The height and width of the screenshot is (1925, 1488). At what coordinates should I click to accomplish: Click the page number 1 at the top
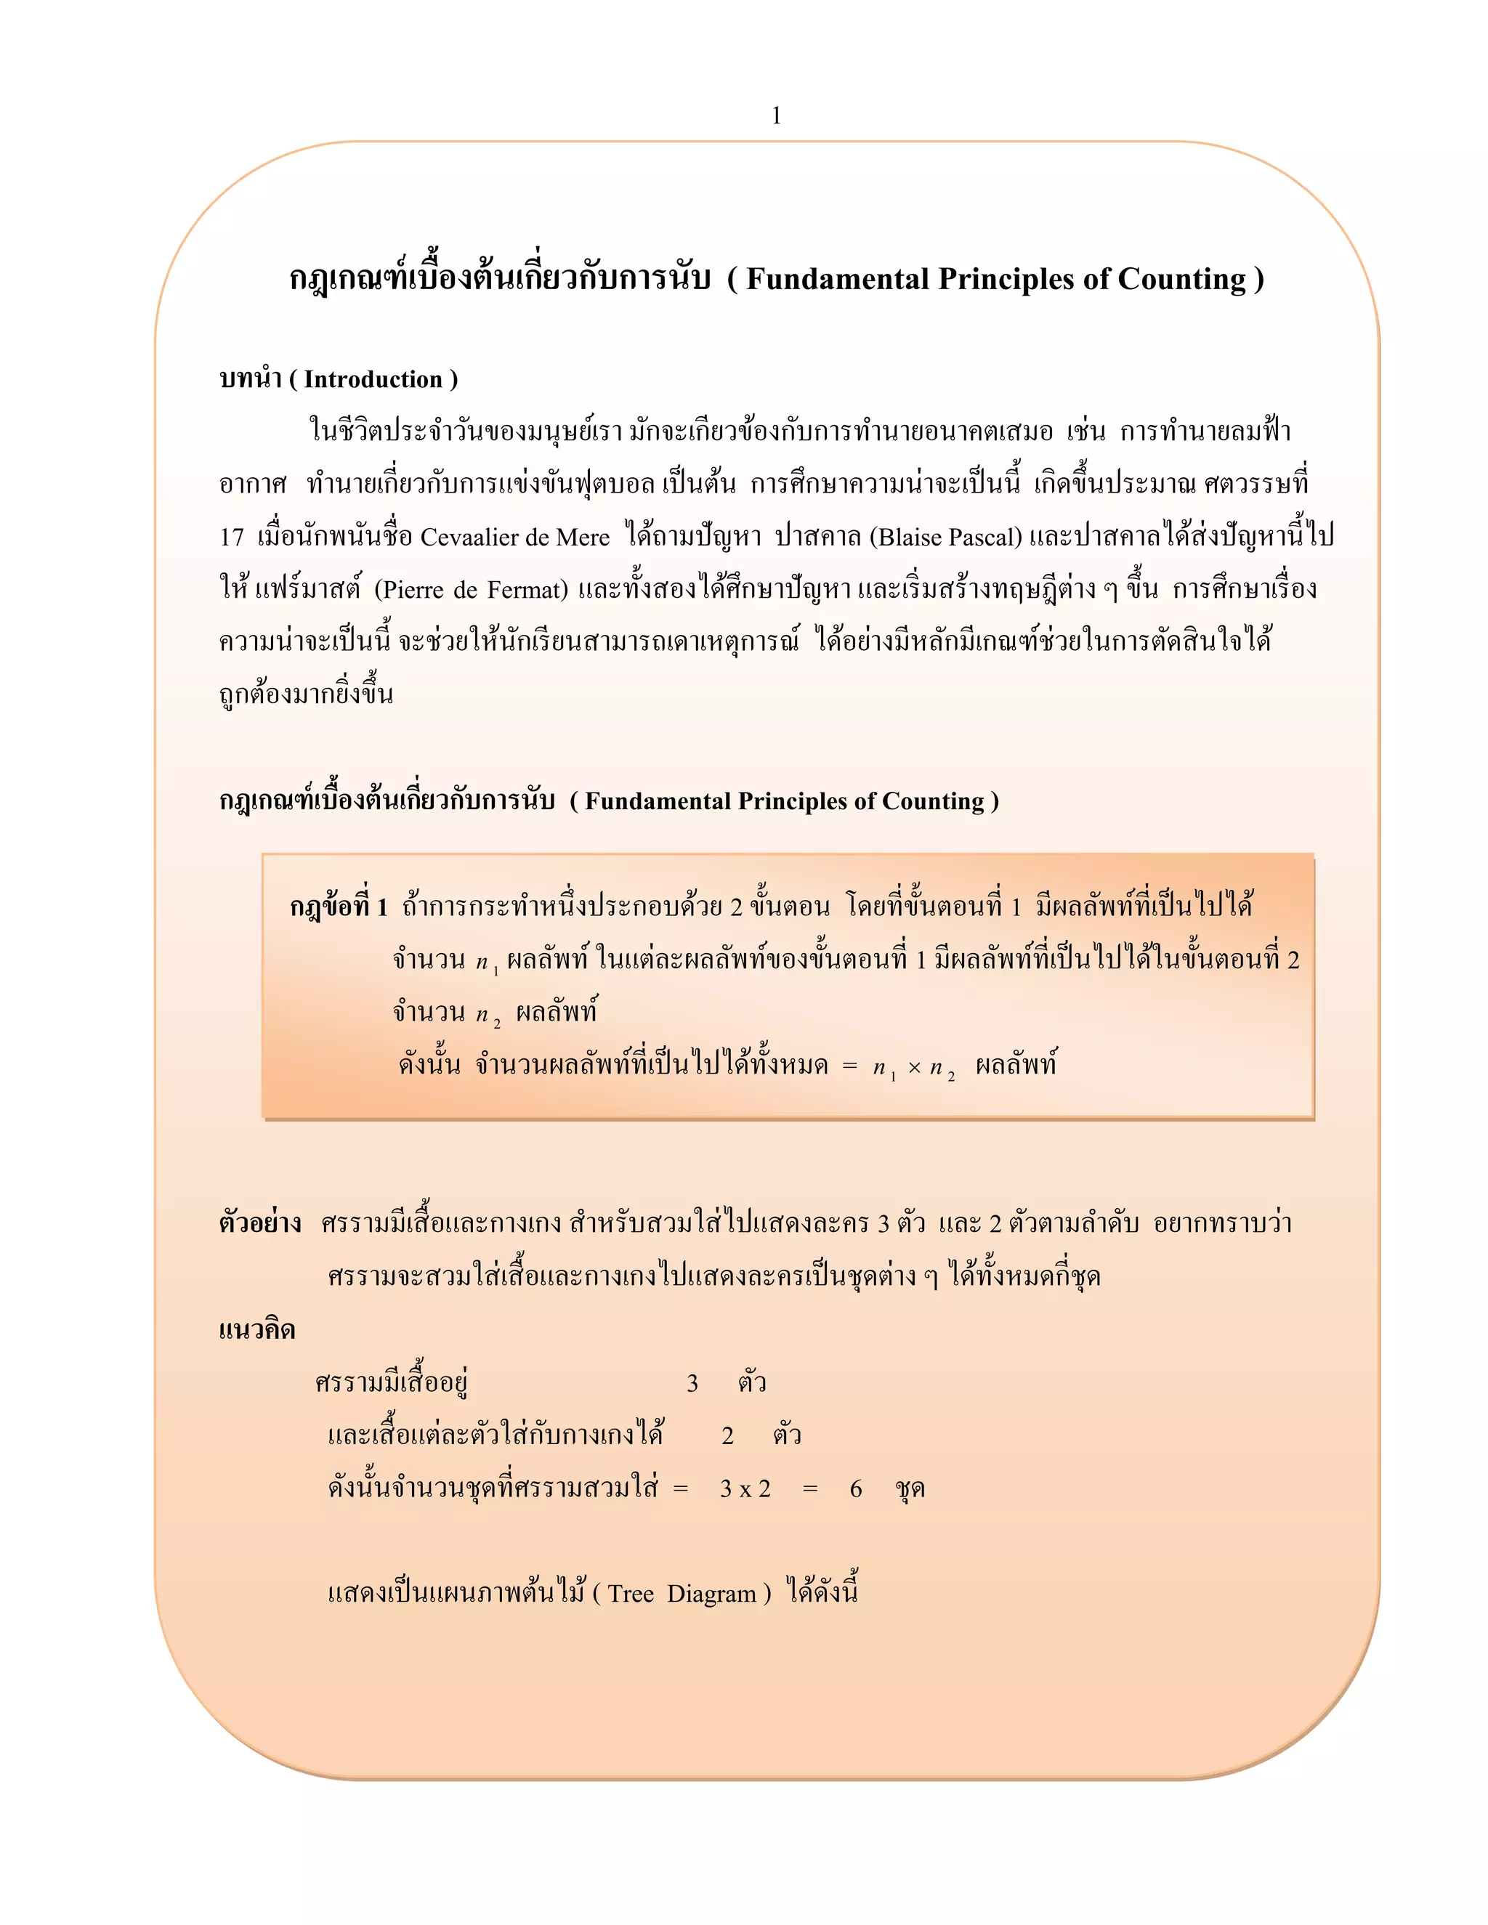776,115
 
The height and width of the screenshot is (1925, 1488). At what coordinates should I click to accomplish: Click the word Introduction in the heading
373,379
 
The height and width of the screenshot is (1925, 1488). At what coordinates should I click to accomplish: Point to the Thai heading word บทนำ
249,379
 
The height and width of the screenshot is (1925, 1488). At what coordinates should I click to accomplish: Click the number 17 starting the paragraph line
232,537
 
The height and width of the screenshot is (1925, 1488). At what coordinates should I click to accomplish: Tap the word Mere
583,537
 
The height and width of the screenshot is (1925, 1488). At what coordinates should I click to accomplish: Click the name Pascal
984,537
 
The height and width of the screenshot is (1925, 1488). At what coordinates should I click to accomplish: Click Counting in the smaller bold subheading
933,801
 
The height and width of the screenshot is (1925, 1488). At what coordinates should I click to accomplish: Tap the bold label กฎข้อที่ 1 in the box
339,907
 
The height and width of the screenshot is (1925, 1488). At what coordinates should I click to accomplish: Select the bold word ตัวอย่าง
260,1223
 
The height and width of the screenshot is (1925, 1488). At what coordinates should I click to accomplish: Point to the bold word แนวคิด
256,1330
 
